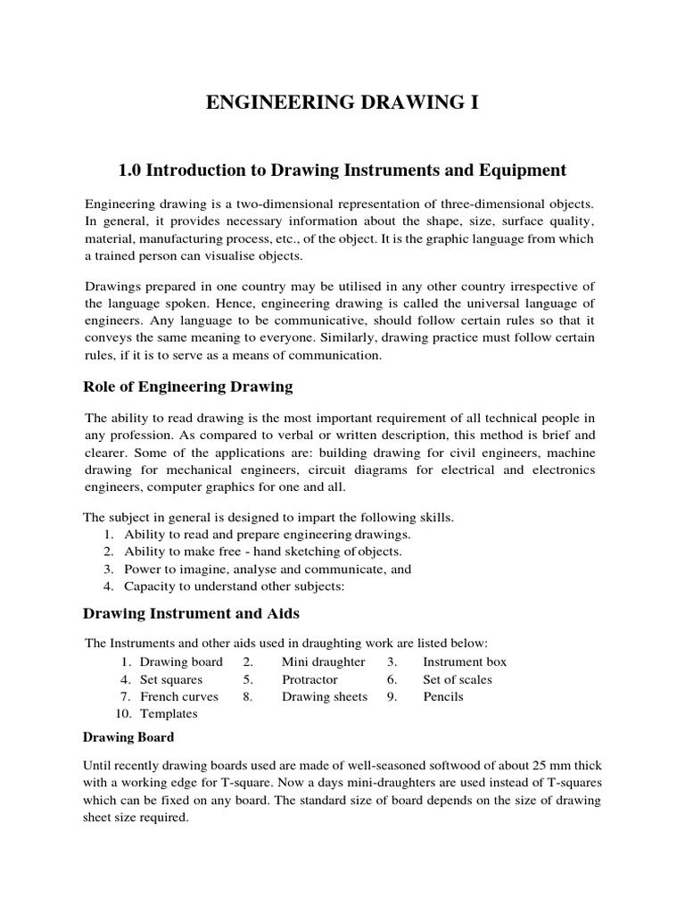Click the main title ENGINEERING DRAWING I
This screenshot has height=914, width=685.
click(x=342, y=104)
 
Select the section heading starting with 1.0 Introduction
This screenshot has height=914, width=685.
click(x=342, y=170)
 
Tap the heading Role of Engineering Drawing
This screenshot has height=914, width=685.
click(x=187, y=386)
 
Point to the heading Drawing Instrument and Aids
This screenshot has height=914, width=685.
click(x=191, y=613)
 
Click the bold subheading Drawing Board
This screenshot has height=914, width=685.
click(x=128, y=737)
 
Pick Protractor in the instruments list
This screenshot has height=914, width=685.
click(x=309, y=679)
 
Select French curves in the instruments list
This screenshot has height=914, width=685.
click(x=179, y=696)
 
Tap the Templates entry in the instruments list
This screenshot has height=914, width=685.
click(x=169, y=713)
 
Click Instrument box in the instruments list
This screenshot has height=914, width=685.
click(x=465, y=661)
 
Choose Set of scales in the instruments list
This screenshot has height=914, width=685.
click(x=458, y=679)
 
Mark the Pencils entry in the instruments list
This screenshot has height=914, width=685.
click(x=443, y=696)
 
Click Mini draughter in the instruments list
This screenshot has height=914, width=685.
click(x=324, y=661)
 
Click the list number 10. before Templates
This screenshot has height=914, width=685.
click(x=124, y=713)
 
